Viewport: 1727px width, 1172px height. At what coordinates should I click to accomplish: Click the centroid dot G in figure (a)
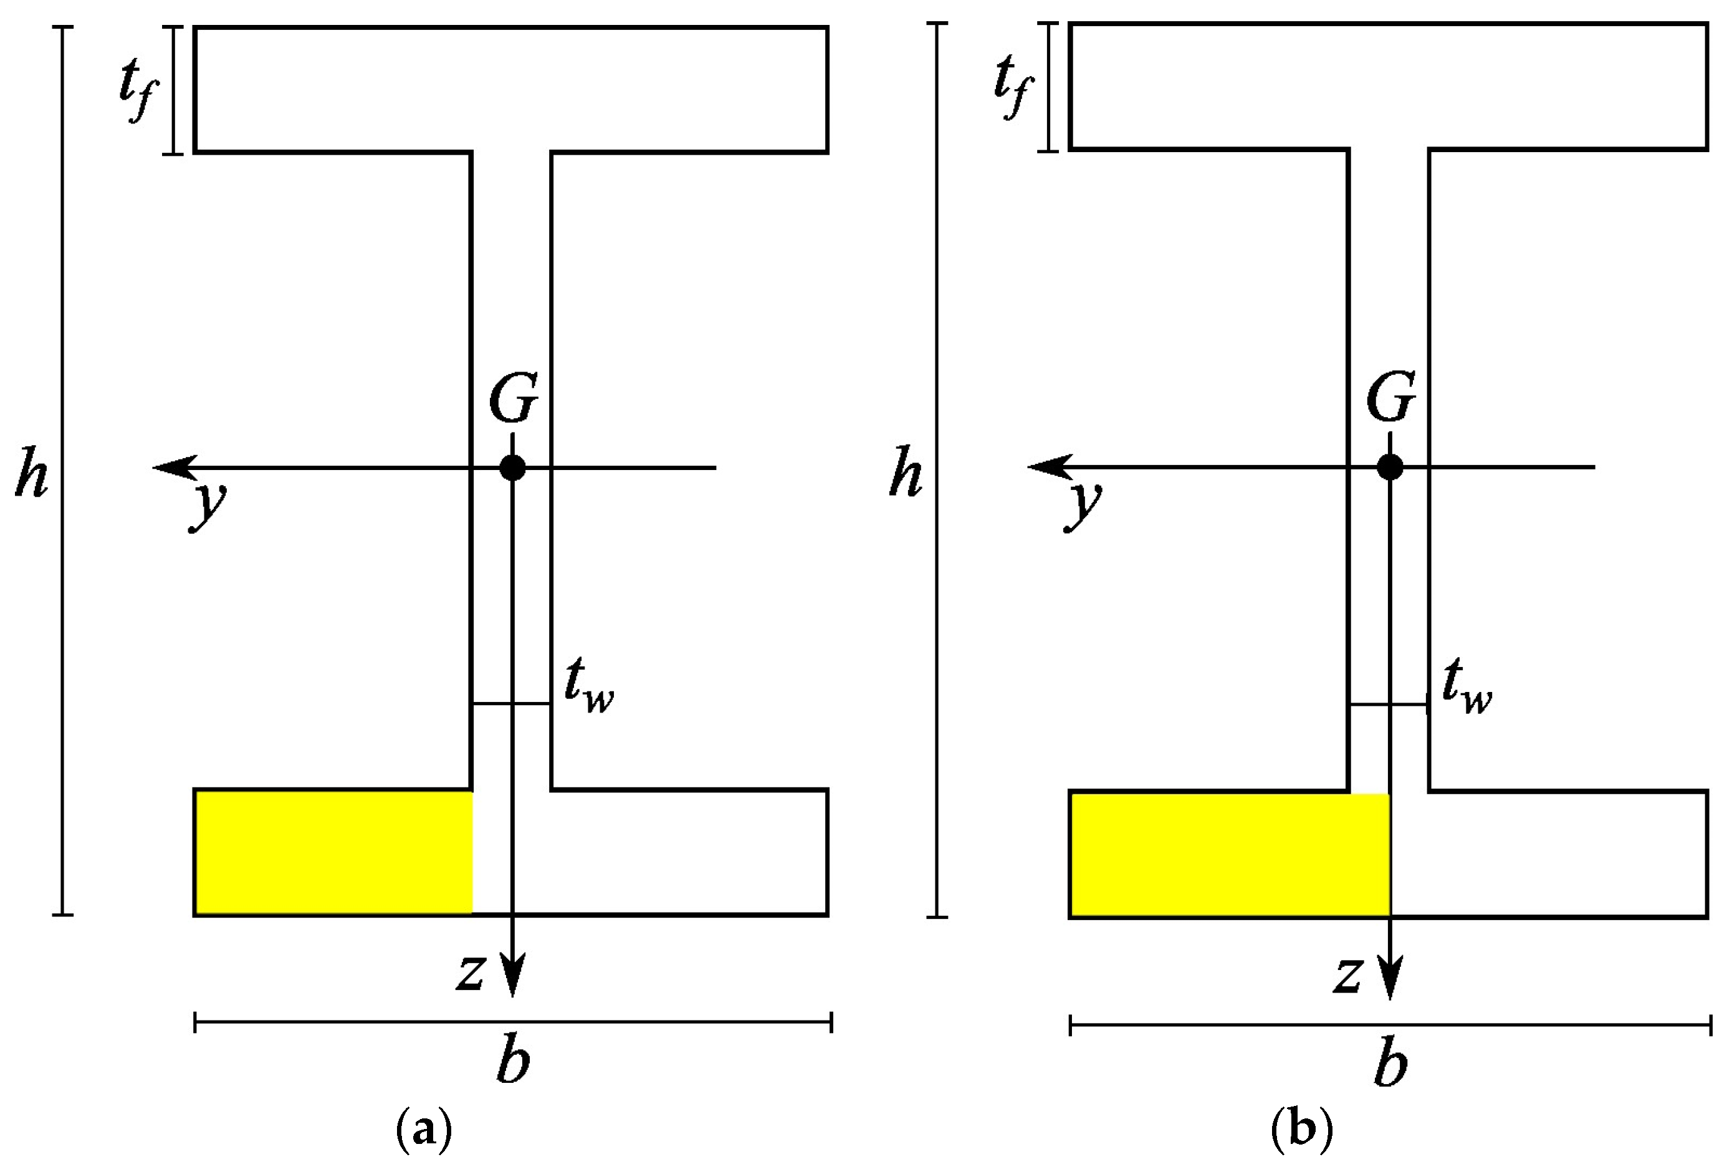(513, 468)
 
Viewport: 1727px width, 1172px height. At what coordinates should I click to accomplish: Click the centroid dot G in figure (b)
(1390, 467)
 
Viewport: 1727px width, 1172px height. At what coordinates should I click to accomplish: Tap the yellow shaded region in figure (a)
(333, 852)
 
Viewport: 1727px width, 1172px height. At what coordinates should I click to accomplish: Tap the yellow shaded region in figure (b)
(1230, 854)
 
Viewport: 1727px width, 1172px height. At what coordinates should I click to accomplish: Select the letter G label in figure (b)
(1390, 399)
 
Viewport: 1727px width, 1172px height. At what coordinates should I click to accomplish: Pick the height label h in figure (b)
(906, 471)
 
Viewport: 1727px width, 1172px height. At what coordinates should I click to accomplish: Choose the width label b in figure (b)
(1390, 1064)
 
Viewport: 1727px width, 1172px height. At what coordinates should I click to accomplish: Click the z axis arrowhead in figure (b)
(1390, 981)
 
